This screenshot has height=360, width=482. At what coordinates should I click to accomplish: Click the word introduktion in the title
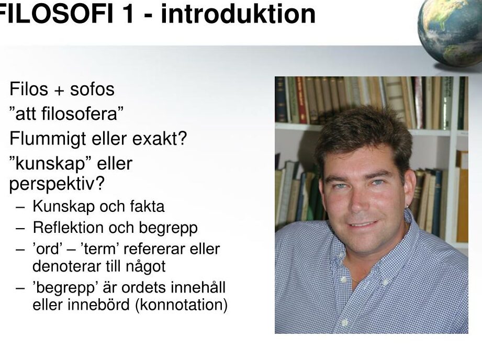coord(238,14)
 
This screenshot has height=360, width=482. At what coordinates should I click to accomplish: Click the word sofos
coord(92,89)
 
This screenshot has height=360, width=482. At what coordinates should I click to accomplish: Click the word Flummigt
coord(47,139)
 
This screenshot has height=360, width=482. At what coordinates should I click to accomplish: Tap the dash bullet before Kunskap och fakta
coord(20,207)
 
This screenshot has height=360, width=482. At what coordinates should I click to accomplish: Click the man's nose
coord(359,200)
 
